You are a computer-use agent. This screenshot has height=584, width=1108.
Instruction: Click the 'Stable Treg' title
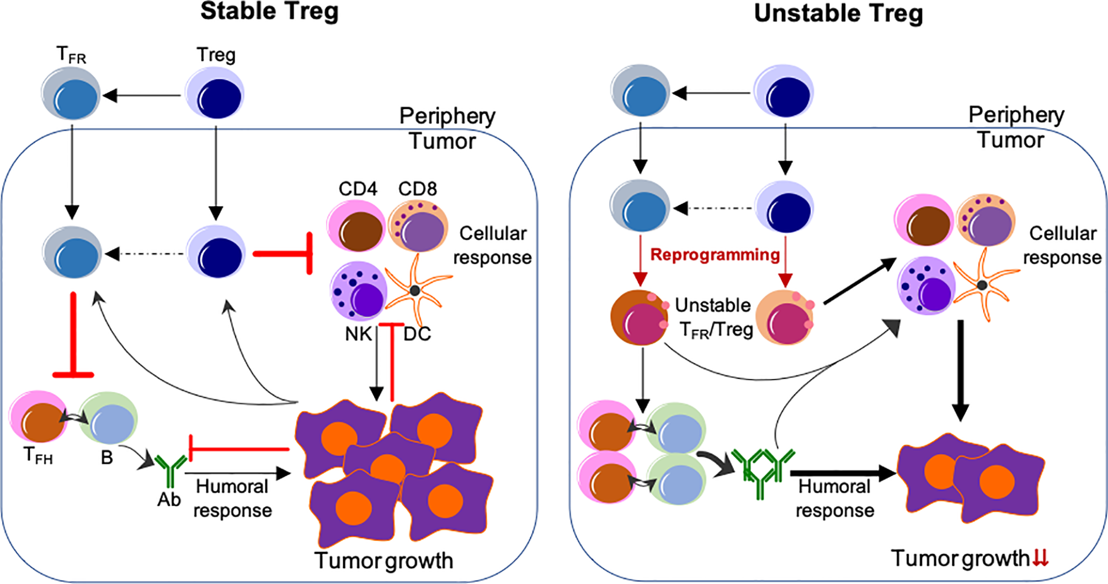[269, 12]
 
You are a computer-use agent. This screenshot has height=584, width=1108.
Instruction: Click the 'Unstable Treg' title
[838, 13]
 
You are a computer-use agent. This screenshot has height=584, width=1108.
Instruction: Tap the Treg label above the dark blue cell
[216, 55]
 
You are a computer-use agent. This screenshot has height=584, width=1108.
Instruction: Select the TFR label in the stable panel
[71, 55]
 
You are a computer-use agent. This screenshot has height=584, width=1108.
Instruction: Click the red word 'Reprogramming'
[715, 254]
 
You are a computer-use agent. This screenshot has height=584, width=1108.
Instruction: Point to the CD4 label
[358, 189]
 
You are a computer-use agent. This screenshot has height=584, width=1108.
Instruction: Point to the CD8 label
[417, 189]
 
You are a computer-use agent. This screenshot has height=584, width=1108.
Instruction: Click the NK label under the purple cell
[358, 334]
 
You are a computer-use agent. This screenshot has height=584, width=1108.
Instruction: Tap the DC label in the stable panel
[417, 334]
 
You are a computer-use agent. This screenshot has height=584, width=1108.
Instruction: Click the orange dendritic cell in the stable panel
[416, 290]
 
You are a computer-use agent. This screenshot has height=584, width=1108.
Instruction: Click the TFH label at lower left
[38, 456]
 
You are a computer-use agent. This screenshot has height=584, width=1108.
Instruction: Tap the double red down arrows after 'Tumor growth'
[1040, 558]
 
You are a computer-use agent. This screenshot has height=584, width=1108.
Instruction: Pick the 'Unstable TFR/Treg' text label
[714, 317]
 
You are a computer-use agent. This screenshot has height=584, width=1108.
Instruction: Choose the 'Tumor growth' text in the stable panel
[383, 560]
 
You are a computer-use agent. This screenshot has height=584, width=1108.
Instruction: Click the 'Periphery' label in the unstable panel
[1016, 115]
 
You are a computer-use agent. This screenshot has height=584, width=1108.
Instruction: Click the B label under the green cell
[106, 457]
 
